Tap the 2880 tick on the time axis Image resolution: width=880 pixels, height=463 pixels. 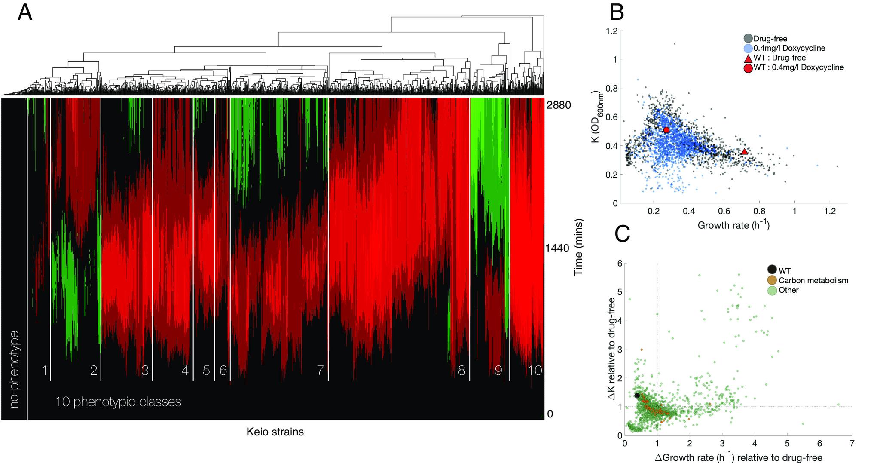[x=558, y=105]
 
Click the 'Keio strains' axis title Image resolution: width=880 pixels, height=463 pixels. [x=275, y=432]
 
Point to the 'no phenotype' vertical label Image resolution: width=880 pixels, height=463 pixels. [x=15, y=369]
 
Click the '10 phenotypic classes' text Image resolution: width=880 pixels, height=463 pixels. [x=118, y=402]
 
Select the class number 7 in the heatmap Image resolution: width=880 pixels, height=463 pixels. [x=320, y=371]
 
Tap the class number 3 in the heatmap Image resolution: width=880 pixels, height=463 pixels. [x=145, y=371]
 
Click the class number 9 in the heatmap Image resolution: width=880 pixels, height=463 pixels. [x=498, y=371]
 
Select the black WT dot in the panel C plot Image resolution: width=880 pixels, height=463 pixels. [x=637, y=396]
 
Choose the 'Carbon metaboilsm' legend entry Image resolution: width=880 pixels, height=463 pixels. [x=813, y=281]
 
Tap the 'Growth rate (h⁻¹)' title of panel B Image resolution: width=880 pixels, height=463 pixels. [x=733, y=225]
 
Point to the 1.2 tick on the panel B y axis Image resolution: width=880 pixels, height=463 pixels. [x=612, y=31]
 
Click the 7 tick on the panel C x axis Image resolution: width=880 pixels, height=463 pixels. [x=852, y=443]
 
